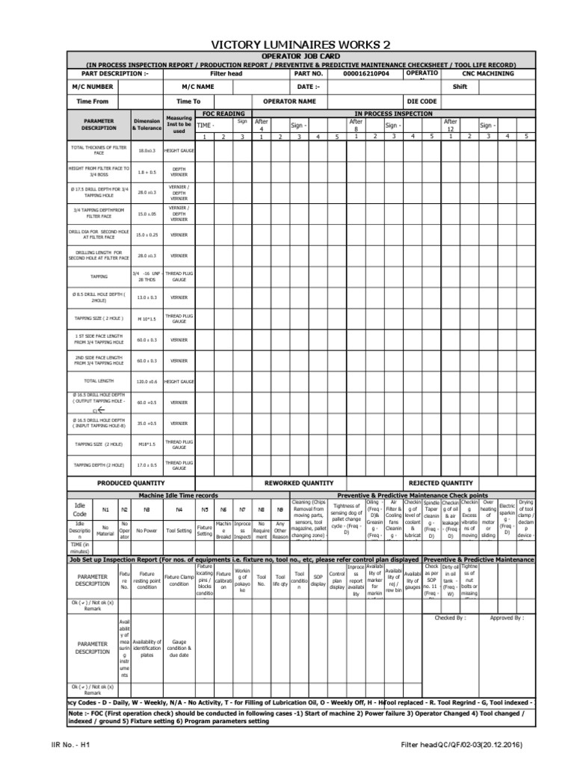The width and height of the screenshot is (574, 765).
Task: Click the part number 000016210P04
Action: pos(365,74)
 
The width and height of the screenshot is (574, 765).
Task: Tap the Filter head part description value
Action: pos(227,74)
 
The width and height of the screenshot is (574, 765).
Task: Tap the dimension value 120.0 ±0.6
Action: pos(146,381)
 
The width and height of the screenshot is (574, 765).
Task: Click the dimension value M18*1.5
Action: pos(146,444)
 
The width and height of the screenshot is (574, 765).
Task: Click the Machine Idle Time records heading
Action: pos(179,495)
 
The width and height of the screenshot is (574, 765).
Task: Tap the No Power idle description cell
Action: pos(146,530)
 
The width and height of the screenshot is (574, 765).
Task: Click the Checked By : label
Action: pos(450,619)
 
